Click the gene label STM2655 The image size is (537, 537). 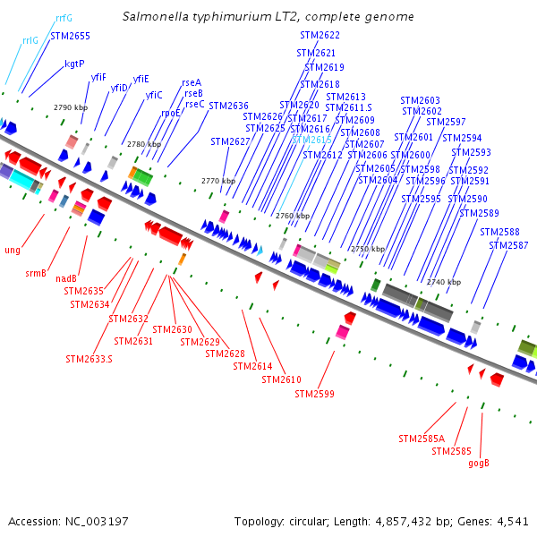click(x=70, y=36)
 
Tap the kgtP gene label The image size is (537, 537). click(x=74, y=64)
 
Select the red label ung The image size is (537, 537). click(x=13, y=251)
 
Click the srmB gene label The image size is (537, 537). click(x=37, y=273)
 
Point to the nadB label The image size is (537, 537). click(x=66, y=278)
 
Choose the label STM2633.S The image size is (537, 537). click(x=89, y=359)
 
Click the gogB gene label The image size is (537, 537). click(x=479, y=463)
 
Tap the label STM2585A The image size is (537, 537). click(x=422, y=439)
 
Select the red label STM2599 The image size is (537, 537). click(x=314, y=394)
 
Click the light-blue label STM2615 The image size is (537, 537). click(x=312, y=140)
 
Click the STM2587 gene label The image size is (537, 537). click(x=508, y=245)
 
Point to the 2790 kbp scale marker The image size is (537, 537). click(x=71, y=107)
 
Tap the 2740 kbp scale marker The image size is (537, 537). click(x=444, y=282)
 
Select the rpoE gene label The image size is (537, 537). click(x=171, y=114)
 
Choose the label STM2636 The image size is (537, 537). click(x=229, y=106)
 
